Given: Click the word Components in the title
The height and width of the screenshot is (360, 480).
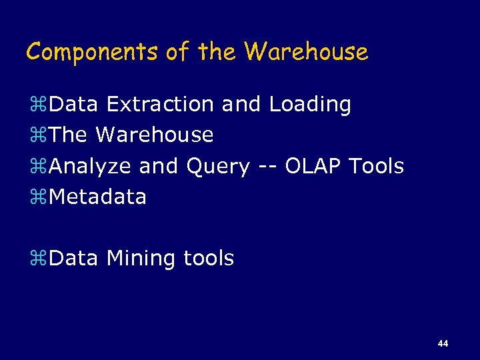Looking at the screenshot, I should [91, 52].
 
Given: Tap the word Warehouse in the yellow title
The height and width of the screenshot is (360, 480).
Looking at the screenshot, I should [306, 52].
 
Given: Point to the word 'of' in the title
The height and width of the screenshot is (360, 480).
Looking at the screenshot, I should [177, 52].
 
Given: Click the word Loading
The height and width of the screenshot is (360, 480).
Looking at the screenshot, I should [310, 105].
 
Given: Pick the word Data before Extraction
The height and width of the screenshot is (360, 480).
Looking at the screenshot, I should [73, 105].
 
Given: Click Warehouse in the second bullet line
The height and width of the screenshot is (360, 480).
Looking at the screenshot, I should [155, 135].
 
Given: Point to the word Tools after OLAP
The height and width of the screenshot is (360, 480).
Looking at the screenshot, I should [377, 166].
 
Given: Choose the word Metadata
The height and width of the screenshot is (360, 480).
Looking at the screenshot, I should [97, 197].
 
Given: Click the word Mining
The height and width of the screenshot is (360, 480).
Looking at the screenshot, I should [141, 258].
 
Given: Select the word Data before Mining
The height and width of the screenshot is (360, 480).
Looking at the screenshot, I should [73, 258].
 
